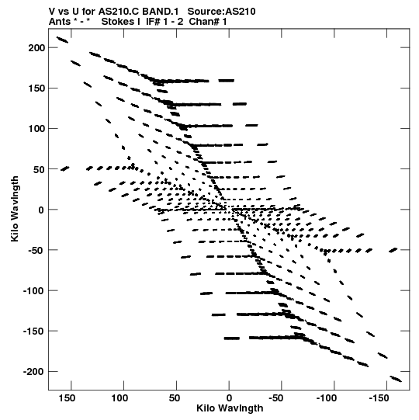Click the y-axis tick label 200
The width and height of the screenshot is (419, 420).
[36, 47]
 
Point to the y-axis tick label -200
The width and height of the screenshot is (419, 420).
[34, 372]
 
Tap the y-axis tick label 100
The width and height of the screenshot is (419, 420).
[36, 129]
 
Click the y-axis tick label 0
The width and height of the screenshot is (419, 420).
[41, 210]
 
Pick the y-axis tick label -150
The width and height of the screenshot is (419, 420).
[34, 331]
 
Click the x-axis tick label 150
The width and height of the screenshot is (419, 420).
[67, 398]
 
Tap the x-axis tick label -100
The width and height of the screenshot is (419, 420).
[327, 398]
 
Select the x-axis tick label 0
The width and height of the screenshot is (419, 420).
[229, 398]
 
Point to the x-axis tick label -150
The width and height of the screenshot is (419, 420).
[379, 398]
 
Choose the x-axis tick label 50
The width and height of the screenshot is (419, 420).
[175, 398]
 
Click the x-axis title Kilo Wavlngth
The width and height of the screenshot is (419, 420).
[230, 408]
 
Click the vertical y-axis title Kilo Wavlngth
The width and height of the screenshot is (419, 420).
[15, 209]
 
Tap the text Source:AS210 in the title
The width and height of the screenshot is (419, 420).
[221, 12]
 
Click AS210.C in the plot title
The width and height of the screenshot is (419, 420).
[119, 12]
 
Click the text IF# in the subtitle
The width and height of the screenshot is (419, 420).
[153, 22]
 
